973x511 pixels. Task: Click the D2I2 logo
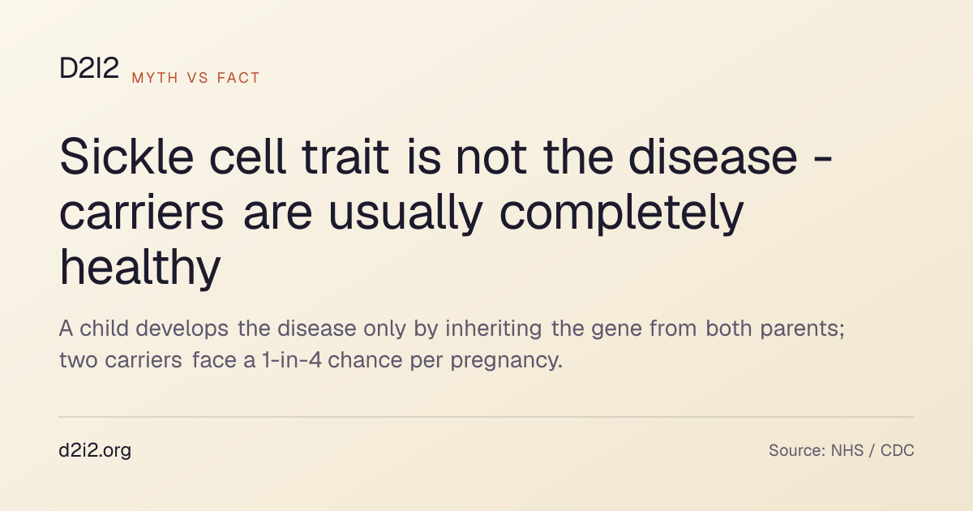[89, 68]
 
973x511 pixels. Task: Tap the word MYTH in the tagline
[155, 78]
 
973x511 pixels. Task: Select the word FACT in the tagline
[238, 78]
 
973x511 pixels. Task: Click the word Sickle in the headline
[126, 157]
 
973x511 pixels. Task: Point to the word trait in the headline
[345, 157]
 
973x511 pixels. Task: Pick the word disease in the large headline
[713, 157]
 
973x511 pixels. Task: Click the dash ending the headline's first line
[823, 161]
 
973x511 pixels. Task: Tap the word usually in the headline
[405, 213]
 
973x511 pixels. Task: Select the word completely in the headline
[622, 213]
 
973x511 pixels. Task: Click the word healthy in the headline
[140, 267]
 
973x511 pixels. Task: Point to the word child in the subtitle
[105, 328]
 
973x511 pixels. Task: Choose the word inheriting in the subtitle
[494, 329]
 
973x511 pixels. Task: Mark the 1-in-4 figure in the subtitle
[292, 360]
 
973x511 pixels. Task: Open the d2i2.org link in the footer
[95, 451]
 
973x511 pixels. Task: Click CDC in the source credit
[898, 451]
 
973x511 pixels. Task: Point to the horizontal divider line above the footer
[486, 417]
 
